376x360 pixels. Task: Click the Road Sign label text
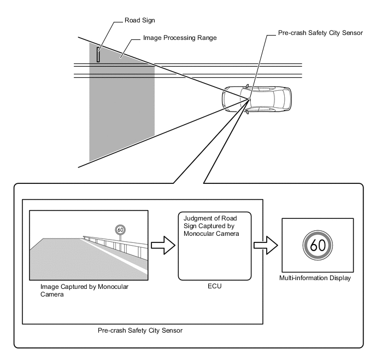(x=139, y=20)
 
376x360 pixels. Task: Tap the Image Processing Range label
(x=180, y=38)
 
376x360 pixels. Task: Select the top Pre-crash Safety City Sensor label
(x=320, y=33)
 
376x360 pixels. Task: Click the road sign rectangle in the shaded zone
(x=98, y=55)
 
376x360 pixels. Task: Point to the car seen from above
(x=256, y=99)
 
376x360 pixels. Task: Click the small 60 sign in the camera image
(x=120, y=230)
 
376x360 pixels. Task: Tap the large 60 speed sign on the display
(x=318, y=245)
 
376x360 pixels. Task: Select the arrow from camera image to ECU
(x=163, y=245)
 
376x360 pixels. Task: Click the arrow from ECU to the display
(x=266, y=245)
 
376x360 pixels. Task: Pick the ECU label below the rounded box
(x=215, y=286)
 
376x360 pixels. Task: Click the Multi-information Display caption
(x=315, y=278)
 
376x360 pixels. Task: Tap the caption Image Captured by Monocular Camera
(x=84, y=291)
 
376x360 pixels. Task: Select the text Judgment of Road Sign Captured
(x=210, y=222)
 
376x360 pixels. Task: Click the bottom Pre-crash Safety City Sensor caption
(x=140, y=330)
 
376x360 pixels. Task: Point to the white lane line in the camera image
(x=115, y=256)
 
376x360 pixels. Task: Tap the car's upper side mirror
(x=247, y=86)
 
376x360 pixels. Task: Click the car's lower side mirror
(x=247, y=112)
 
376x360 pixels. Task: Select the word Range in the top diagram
(x=207, y=38)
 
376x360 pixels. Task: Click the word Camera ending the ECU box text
(x=226, y=234)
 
